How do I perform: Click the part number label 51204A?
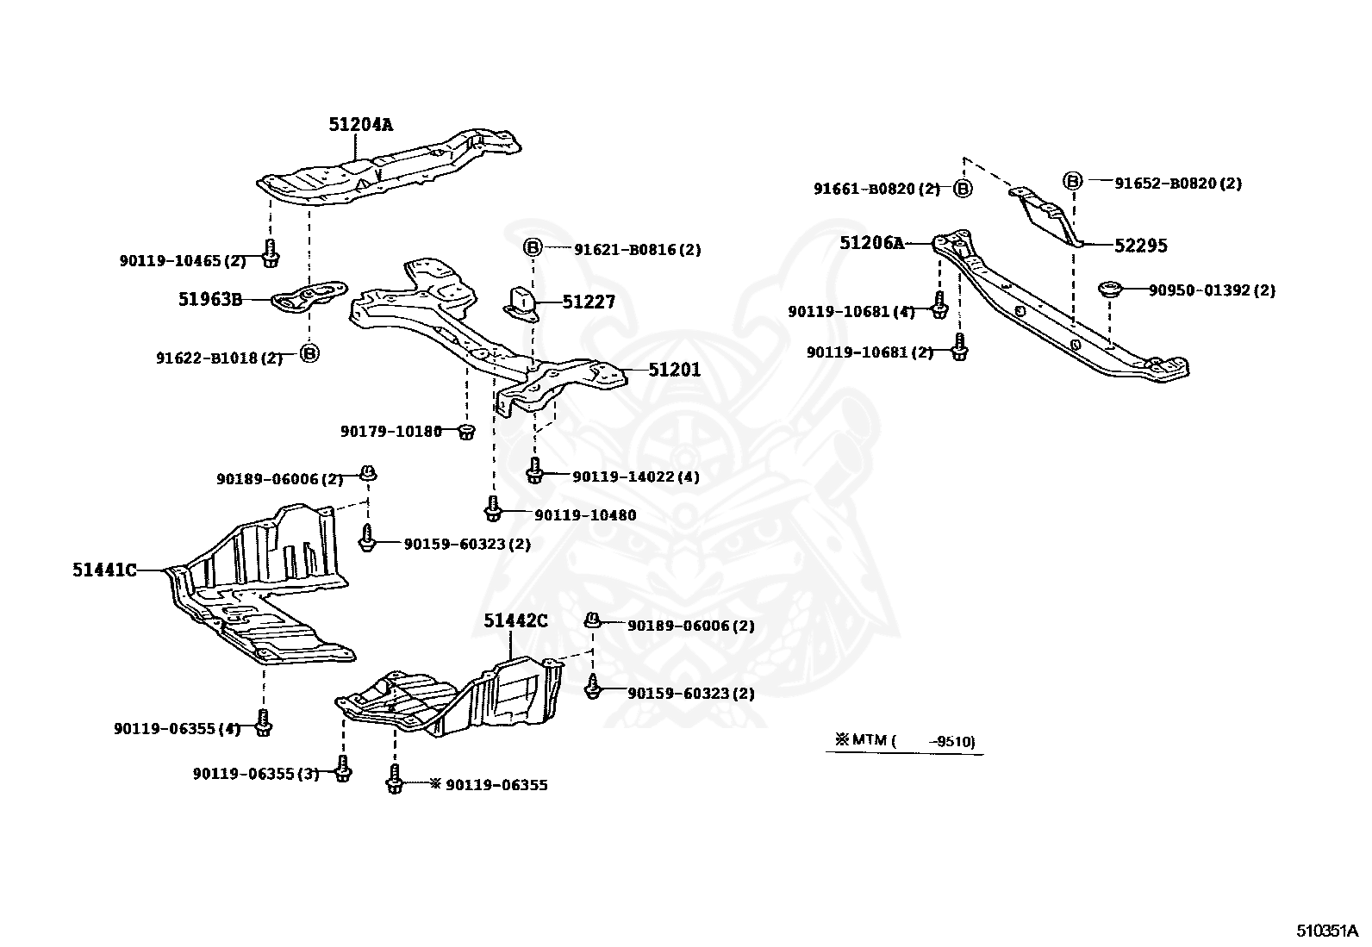(x=360, y=124)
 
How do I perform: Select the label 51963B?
(x=210, y=299)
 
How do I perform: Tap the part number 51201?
(x=674, y=370)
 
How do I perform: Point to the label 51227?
(x=589, y=302)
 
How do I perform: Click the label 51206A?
(x=871, y=244)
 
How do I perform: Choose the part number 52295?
(x=1140, y=246)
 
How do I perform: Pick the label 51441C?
(x=104, y=570)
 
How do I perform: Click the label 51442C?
(x=515, y=620)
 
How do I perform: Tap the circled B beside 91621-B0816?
(x=533, y=249)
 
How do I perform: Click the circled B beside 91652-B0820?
(x=1072, y=181)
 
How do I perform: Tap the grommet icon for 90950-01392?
(x=1108, y=290)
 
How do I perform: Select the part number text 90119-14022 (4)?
(x=636, y=477)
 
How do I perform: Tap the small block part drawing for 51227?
(x=520, y=302)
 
